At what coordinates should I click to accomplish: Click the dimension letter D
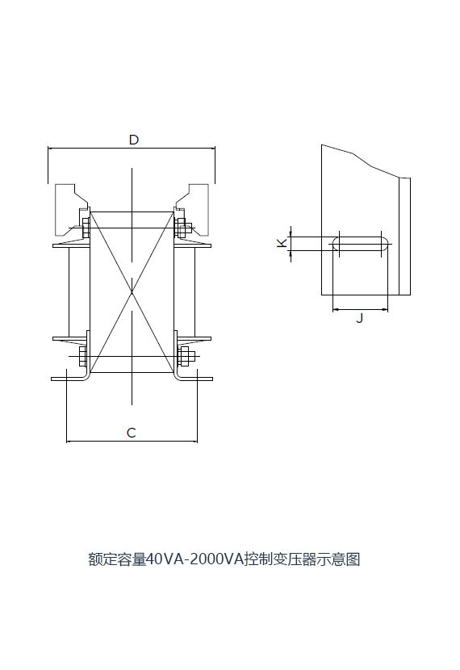[x=134, y=140]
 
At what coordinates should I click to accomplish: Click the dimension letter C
[x=131, y=433]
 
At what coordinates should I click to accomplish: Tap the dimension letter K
[x=282, y=243]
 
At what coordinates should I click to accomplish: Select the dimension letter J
[x=360, y=318]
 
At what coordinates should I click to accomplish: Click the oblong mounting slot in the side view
[x=361, y=244]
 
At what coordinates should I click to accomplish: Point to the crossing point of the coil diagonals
[x=132, y=292]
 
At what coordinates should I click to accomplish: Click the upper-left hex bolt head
[x=85, y=228]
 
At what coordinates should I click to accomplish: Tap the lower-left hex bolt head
[x=83, y=356]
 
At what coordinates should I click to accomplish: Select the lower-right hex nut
[x=184, y=356]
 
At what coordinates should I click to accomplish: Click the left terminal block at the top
[x=70, y=209]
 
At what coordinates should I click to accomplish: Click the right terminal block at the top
[x=193, y=209]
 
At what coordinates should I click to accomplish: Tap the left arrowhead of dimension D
[x=50, y=149]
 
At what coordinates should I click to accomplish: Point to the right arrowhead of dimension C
[x=194, y=441]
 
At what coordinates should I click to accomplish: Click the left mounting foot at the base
[x=70, y=379]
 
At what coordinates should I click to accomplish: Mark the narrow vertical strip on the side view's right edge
[x=404, y=237]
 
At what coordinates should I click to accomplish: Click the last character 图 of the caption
[x=353, y=559]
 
